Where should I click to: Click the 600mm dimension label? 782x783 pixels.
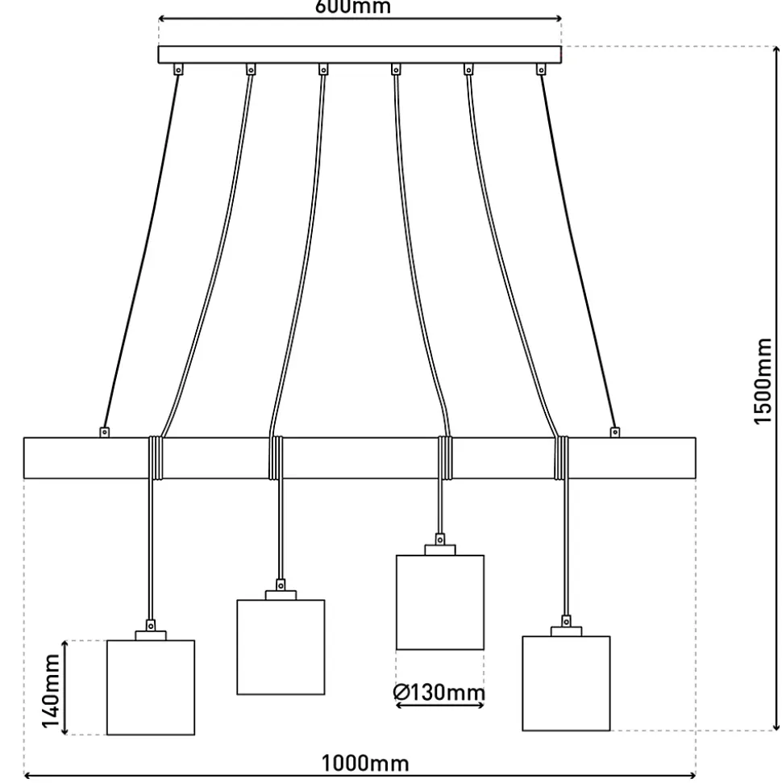(352, 7)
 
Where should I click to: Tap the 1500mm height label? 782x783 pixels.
(763, 381)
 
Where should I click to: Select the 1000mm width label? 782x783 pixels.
(365, 763)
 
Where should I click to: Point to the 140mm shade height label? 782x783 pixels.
(52, 690)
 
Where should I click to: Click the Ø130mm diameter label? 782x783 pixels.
(439, 692)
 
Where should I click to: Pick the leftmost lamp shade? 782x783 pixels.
(151, 687)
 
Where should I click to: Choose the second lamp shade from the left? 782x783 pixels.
(281, 647)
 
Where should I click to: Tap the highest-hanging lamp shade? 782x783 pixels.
(440, 602)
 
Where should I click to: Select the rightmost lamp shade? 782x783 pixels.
(566, 683)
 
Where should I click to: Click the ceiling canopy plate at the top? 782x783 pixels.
(360, 55)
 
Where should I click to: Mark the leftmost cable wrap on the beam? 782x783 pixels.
(156, 458)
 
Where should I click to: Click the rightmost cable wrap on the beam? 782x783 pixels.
(562, 458)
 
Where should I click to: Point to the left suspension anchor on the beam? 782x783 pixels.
(104, 432)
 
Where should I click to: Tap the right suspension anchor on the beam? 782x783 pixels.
(615, 432)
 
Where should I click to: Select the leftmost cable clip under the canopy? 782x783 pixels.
(178, 70)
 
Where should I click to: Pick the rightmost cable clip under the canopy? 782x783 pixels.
(541, 70)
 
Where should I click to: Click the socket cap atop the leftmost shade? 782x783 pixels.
(151, 635)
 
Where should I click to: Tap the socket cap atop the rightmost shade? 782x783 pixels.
(566, 631)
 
